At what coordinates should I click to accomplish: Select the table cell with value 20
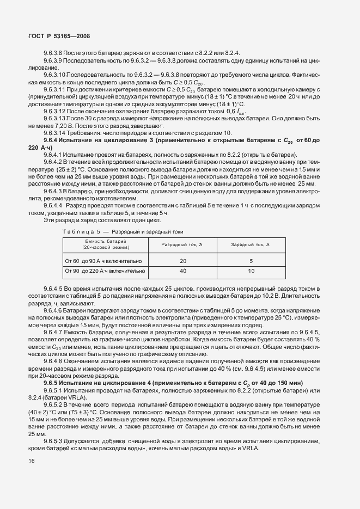click(182, 261)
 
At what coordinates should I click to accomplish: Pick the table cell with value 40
click(182, 270)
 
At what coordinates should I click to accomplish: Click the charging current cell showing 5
click(250, 261)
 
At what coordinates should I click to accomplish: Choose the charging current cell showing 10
click(250, 270)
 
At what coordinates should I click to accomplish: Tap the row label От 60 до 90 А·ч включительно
click(104, 261)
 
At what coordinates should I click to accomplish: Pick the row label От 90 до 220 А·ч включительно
click(105, 270)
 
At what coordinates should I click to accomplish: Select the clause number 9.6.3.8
click(54, 53)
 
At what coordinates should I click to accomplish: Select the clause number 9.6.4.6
click(54, 309)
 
